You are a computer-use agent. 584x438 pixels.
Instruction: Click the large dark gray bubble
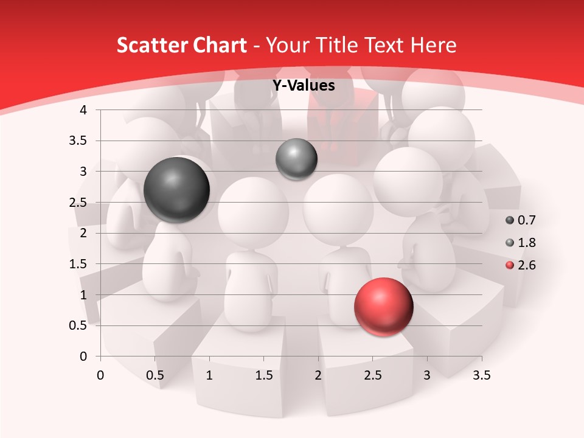(176, 190)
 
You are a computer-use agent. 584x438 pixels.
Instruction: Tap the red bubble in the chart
(384, 307)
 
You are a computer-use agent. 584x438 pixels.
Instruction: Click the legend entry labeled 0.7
(520, 220)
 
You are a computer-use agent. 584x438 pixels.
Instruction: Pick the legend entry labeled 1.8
(520, 243)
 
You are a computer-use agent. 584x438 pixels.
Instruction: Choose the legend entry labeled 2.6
(520, 265)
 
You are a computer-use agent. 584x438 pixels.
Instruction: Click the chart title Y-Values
(304, 86)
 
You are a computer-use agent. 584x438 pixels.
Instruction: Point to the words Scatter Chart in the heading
(181, 45)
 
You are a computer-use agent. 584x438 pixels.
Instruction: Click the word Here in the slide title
(433, 45)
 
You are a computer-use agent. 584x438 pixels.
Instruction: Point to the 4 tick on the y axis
(83, 110)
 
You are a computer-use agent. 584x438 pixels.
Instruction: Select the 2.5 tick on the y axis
(78, 203)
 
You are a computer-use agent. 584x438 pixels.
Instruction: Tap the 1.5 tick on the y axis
(78, 264)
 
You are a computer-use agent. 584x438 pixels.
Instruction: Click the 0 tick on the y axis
(83, 356)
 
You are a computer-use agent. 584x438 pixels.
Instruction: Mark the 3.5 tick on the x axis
(481, 375)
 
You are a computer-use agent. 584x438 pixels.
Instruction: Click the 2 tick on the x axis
(318, 375)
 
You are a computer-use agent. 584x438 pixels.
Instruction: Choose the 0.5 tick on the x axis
(155, 375)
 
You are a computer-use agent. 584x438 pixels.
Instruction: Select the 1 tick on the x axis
(209, 375)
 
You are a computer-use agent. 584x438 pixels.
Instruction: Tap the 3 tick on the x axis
(427, 375)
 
